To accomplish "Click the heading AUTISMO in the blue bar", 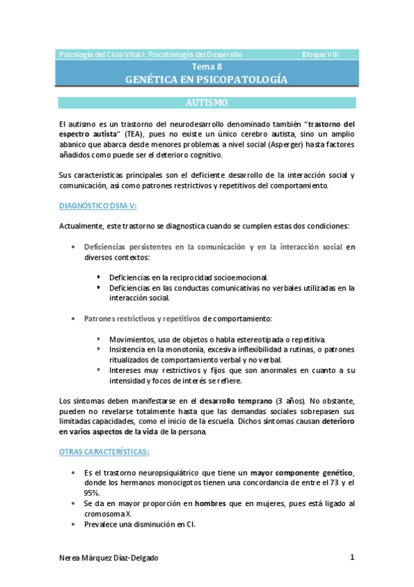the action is pos(207,103).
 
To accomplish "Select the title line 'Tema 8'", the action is pos(207,67).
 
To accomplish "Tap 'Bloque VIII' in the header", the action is pos(321,54).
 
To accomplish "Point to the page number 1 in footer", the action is pos(352,557).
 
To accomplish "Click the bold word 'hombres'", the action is pos(211,504).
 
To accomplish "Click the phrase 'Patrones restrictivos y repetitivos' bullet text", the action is pos(142,318).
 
